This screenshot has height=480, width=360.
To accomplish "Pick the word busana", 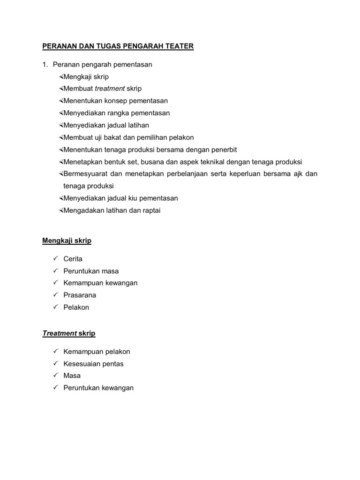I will (149, 162).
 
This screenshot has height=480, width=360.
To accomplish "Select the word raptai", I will (150, 210).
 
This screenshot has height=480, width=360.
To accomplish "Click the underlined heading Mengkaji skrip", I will (67, 241).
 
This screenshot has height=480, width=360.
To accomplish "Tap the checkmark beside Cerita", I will (55, 258).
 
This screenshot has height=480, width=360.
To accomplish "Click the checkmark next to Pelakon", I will (55, 307).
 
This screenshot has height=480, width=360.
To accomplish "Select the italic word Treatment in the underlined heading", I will (60, 334).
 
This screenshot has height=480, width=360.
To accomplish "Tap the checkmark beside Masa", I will (55, 375).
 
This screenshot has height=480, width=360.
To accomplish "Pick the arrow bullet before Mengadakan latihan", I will (61, 210).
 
